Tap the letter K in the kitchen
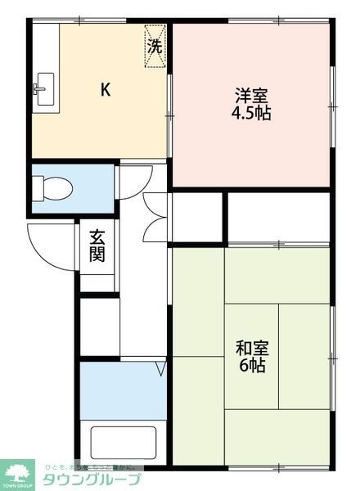[x=106, y=90]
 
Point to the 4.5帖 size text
[x=251, y=113]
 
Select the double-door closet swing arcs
[x=155, y=217]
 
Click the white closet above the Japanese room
[x=278, y=216]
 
